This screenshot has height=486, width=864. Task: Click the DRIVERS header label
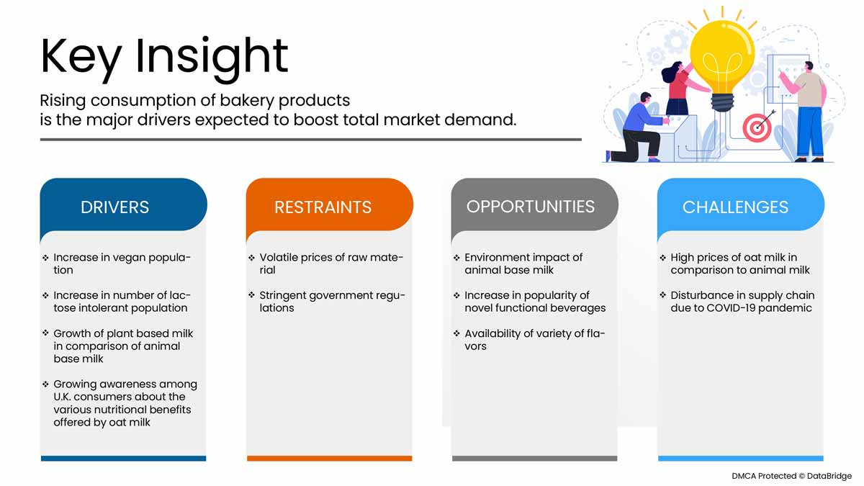coord(114,207)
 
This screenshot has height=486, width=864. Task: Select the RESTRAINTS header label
coord(323,207)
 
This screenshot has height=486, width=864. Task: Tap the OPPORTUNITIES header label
coord(531,207)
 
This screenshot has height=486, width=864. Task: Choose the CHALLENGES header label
coord(735,207)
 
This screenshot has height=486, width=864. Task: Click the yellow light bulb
coord(722,62)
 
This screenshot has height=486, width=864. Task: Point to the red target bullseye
coord(757,127)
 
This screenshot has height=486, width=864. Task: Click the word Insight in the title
coord(212,57)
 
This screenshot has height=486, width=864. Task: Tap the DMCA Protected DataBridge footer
coord(791,476)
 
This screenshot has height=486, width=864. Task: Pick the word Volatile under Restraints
coord(279,257)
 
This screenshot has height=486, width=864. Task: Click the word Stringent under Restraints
coord(283,295)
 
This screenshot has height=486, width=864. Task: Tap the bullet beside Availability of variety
coord(456,333)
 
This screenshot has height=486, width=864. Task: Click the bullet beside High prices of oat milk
coord(662,257)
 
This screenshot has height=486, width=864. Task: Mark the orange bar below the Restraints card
coord(330,458)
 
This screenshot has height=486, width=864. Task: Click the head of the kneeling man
coord(645,99)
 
